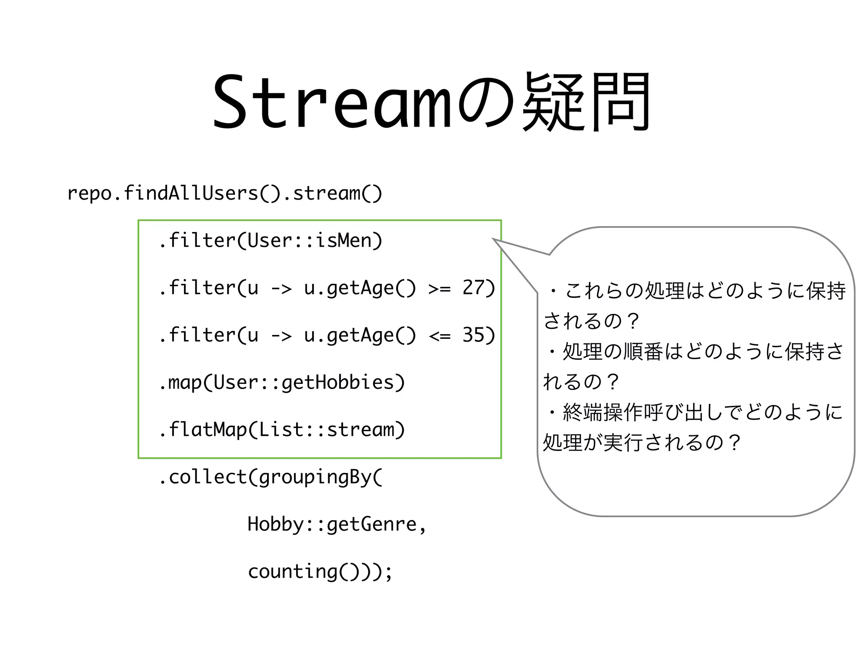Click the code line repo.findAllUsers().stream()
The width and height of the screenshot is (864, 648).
(224, 193)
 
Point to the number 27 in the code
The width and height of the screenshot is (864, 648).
(473, 288)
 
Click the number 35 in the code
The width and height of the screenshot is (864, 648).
(473, 335)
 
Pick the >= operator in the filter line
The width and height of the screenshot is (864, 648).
(439, 289)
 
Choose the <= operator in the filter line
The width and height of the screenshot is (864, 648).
(439, 336)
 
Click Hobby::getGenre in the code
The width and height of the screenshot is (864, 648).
(332, 524)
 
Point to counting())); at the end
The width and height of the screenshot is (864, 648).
(320, 572)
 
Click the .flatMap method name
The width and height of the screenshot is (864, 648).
(202, 429)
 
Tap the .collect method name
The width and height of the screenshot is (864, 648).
(202, 477)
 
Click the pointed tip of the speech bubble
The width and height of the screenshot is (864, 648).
(494, 239)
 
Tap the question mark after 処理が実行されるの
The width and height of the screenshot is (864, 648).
(734, 443)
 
